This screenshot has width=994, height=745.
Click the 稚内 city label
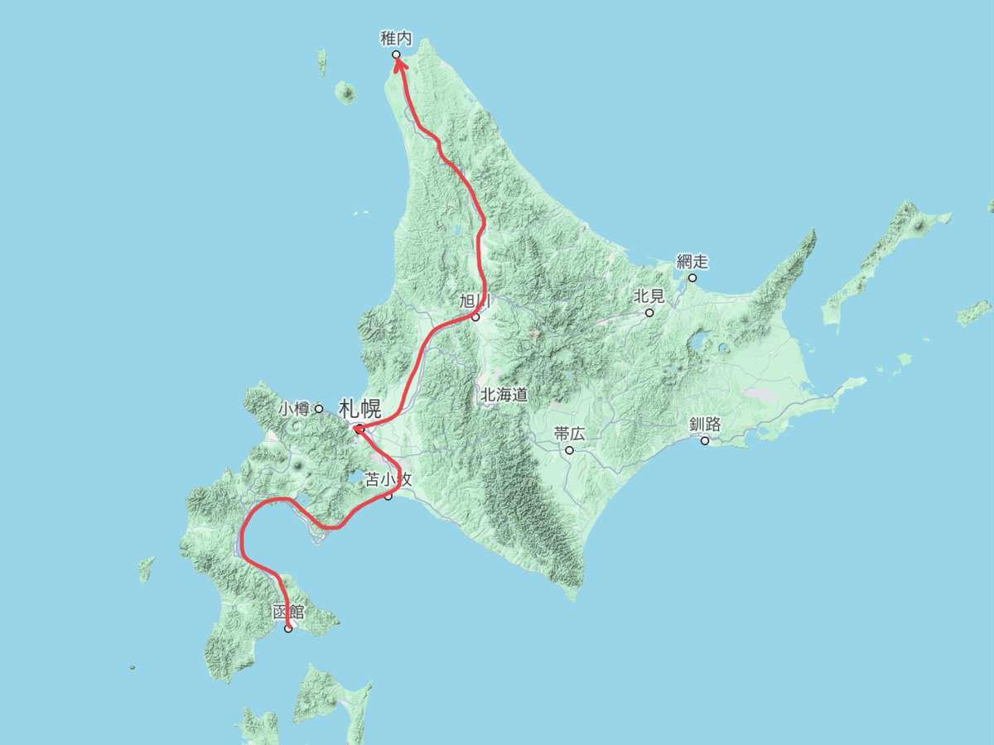396,38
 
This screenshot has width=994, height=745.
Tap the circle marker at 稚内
396,55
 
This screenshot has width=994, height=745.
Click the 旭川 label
475,301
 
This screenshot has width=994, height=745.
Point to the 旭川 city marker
475,317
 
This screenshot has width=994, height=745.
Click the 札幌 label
359,408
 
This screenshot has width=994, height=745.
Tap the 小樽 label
293,408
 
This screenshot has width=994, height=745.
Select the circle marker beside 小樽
319,408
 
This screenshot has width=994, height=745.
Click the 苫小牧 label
388,479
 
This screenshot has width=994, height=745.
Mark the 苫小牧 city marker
388,496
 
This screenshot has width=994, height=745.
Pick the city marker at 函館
288,629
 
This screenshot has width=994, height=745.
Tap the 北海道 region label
504,395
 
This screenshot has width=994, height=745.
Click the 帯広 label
569,435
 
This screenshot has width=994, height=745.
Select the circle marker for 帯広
569,450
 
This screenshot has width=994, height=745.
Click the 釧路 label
705,425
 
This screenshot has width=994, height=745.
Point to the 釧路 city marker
705,440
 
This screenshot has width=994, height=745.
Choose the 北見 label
649,296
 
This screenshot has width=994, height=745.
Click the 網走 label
692,262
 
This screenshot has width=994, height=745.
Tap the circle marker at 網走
692,277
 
